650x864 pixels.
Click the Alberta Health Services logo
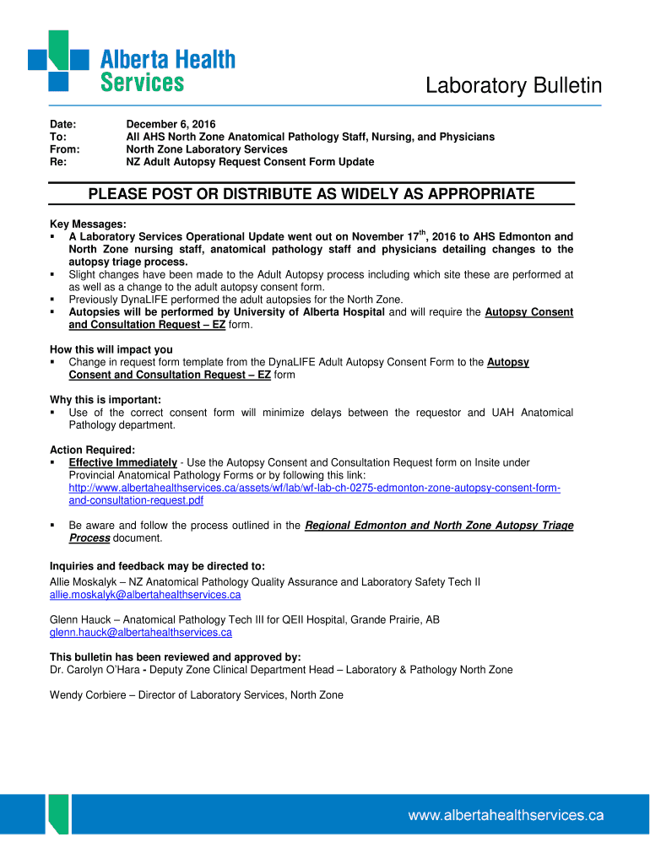pyautogui.click(x=131, y=61)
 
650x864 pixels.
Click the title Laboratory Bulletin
pyautogui.click(x=513, y=86)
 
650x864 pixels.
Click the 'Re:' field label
pyautogui.click(x=57, y=162)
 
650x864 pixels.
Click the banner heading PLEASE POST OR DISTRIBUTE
pyautogui.click(x=311, y=194)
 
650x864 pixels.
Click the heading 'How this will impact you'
pyautogui.click(x=111, y=349)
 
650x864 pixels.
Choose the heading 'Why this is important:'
pyautogui.click(x=106, y=400)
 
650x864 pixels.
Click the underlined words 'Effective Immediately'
pyautogui.click(x=122, y=462)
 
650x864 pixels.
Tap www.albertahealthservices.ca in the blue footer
pyautogui.click(x=506, y=815)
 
